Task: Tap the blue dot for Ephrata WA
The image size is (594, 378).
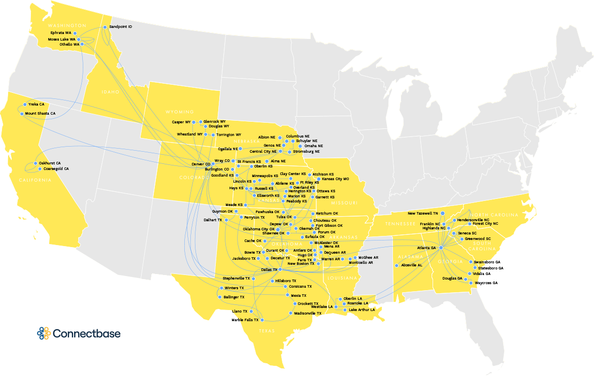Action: pyautogui.click(x=75, y=32)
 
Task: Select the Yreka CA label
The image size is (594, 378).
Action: pyautogui.click(x=36, y=104)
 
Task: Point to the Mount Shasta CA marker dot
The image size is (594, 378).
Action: pyautogui.click(x=22, y=114)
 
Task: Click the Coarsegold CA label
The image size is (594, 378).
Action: pyautogui.click(x=56, y=168)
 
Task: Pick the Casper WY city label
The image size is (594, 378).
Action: pyautogui.click(x=181, y=122)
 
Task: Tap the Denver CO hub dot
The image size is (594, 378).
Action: pyautogui.click(x=214, y=164)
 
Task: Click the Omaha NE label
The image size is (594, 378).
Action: pyautogui.click(x=313, y=146)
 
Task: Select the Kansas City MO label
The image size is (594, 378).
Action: pyautogui.click(x=336, y=179)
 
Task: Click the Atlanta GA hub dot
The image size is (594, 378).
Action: pyautogui.click(x=441, y=248)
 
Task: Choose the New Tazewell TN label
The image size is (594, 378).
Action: pyautogui.click(x=422, y=213)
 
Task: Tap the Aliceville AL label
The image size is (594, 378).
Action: pyautogui.click(x=412, y=265)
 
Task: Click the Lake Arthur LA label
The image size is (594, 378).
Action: pyautogui.click(x=361, y=310)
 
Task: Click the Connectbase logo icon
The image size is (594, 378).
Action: pyautogui.click(x=43, y=333)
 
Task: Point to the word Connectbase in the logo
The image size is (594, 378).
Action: pyautogui.click(x=87, y=334)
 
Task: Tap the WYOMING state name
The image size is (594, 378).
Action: pyautogui.click(x=179, y=112)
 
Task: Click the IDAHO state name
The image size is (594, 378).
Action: pyautogui.click(x=110, y=92)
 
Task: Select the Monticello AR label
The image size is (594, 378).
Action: pyautogui.click(x=360, y=263)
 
